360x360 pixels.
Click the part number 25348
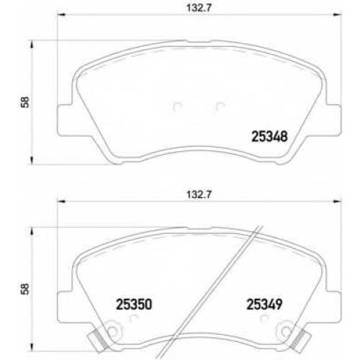[269, 137]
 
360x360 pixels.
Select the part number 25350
[134, 305]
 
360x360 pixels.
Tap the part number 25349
[265, 305]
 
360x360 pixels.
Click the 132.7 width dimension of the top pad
[199, 8]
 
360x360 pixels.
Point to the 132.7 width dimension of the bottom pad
[199, 194]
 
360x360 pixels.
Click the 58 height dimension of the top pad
[25, 102]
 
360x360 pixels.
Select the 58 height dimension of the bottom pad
[25, 289]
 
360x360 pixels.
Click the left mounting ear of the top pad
[65, 120]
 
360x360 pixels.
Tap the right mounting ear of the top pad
[333, 120]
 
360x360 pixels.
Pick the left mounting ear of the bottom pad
[65, 307]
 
